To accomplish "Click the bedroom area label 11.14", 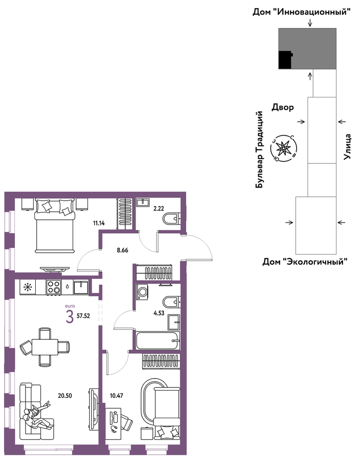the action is [x=99, y=223].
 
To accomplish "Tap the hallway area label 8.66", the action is [x=122, y=251].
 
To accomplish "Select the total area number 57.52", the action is [x=83, y=316].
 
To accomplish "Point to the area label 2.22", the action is [x=159, y=209].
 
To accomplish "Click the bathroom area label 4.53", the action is [x=159, y=313].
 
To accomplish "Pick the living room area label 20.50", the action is [x=65, y=396].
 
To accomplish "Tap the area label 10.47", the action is [x=116, y=396].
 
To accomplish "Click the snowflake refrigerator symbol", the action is [x=28, y=288].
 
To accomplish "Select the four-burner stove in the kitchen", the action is [x=54, y=287].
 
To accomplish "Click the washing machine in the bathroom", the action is [x=142, y=292].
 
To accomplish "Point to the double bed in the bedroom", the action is [x=55, y=225].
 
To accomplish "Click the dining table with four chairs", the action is [x=45, y=347].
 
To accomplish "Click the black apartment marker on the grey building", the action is [x=286, y=60].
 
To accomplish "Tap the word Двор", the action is [x=283, y=108].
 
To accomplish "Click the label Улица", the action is [x=347, y=147].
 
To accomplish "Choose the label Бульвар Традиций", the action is [x=259, y=149].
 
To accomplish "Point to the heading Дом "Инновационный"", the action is [x=301, y=12].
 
